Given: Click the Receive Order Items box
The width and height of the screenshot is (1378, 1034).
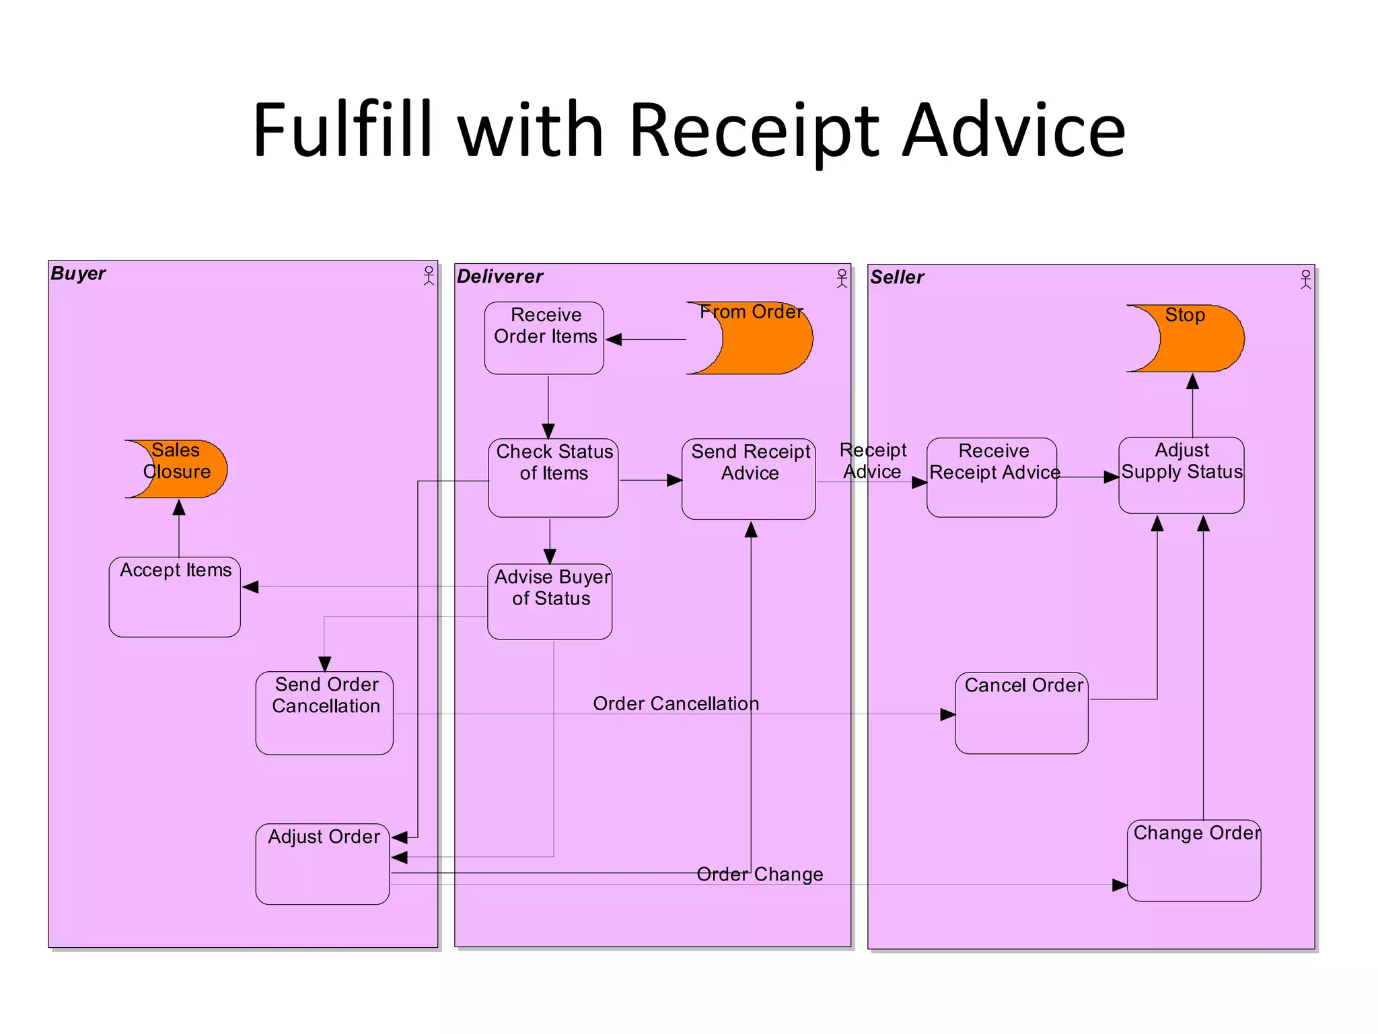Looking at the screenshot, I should click(x=544, y=338).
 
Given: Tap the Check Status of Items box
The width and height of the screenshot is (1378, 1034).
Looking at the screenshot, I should click(x=553, y=478).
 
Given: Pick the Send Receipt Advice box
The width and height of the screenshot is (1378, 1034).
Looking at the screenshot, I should click(x=748, y=479).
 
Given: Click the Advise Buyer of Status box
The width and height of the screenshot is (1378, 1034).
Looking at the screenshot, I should click(x=550, y=601).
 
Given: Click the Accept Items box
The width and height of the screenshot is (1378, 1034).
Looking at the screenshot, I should click(x=174, y=596).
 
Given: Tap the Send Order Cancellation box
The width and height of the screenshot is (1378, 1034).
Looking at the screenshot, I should click(x=324, y=713).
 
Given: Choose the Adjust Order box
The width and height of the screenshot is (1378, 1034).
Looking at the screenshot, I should click(x=322, y=864).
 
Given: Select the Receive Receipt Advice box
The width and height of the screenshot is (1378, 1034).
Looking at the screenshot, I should click(x=991, y=477).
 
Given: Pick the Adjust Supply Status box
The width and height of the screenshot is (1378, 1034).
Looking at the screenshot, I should click(x=1181, y=475).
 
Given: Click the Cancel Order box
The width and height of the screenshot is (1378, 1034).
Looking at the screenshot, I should click(x=1021, y=713).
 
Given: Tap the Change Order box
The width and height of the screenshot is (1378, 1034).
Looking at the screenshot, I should click(x=1194, y=860).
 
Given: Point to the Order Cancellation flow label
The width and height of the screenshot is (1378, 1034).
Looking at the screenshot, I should click(x=676, y=703).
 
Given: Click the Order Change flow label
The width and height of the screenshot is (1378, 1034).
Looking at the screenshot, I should click(x=760, y=874).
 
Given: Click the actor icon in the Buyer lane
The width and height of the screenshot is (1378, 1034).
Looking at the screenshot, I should click(x=429, y=275).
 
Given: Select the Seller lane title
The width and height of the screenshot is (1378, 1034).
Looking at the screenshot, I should click(x=896, y=277).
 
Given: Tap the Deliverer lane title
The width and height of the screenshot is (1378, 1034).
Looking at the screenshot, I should click(x=499, y=276).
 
